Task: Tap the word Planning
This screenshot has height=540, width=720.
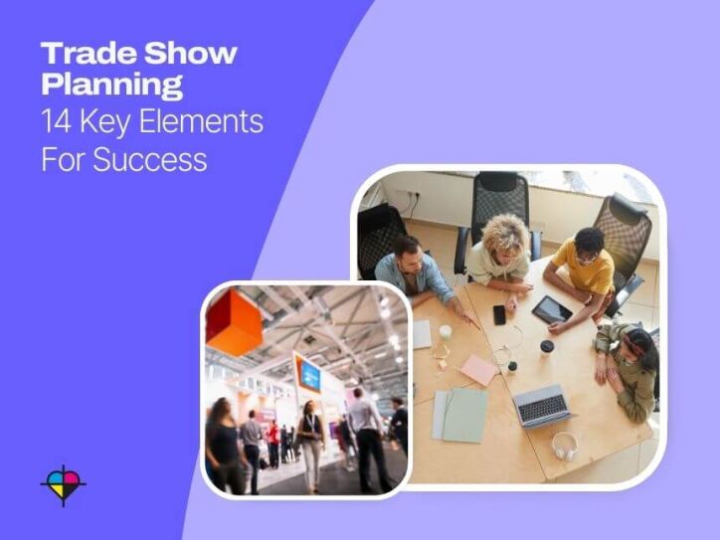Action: click(111, 86)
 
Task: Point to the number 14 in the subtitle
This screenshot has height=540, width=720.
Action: click(56, 122)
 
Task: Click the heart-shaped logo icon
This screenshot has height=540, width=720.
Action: click(63, 484)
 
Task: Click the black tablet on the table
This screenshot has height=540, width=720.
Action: click(551, 310)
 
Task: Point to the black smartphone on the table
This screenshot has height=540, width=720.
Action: click(499, 314)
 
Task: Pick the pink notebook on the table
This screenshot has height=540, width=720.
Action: click(477, 370)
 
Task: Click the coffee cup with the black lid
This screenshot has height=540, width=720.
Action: click(546, 348)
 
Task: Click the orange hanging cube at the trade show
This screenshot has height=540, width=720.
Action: click(235, 322)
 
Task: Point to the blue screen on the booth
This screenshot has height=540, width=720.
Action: click(309, 374)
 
